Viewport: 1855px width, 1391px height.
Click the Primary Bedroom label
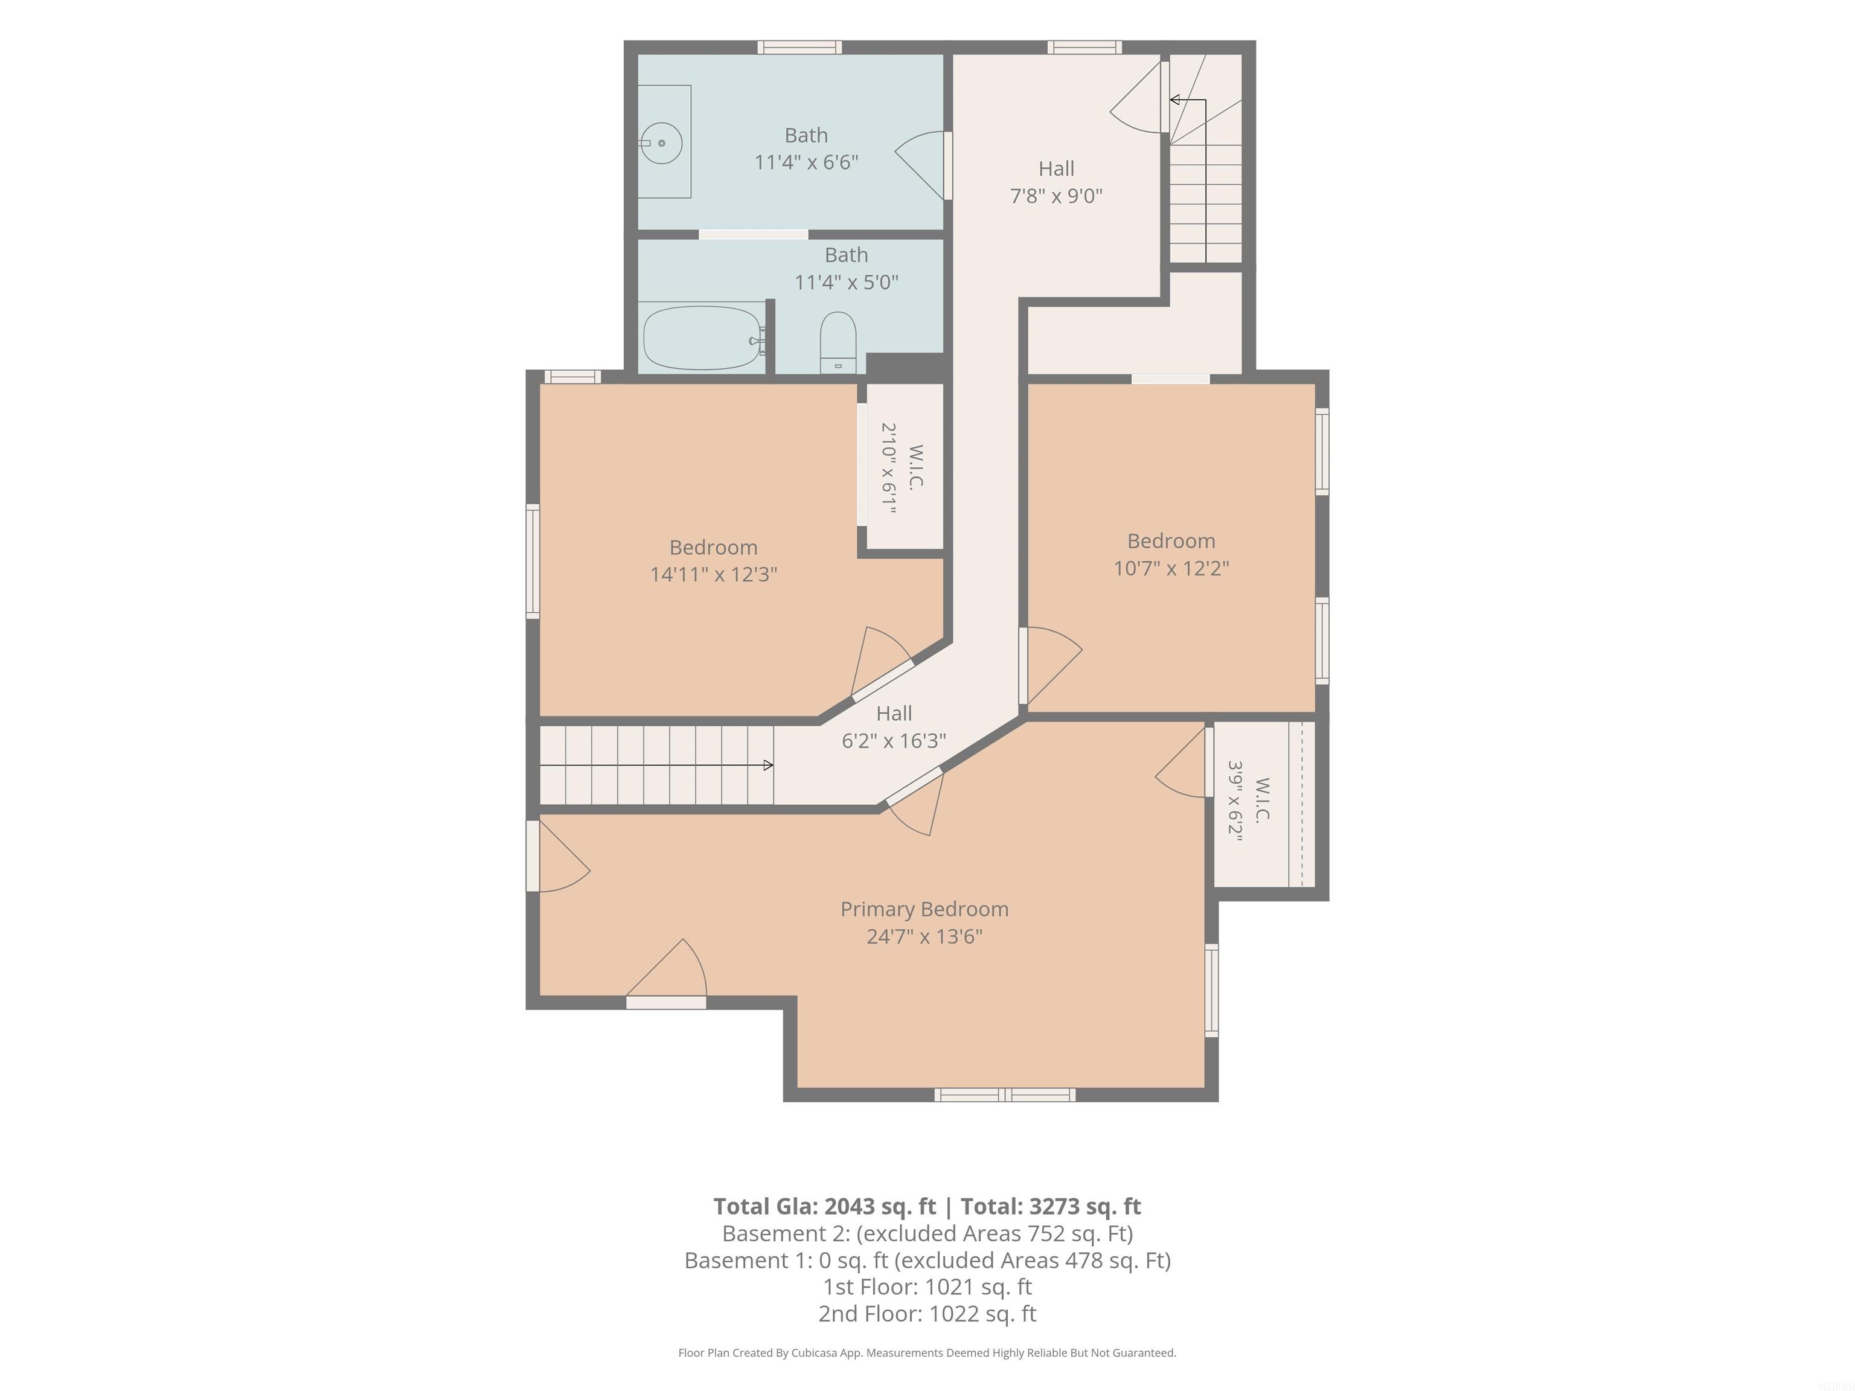[x=924, y=909]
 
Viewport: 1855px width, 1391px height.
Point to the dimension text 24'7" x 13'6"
[x=924, y=936]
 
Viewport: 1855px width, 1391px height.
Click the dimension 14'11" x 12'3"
[x=714, y=574]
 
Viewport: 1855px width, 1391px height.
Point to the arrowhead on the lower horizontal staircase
[x=768, y=766]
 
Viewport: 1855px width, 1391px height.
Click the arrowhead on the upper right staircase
[x=1175, y=100]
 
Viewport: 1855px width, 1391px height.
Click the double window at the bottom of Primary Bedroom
[x=1005, y=1094]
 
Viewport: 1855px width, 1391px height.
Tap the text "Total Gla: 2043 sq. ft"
[x=824, y=1206]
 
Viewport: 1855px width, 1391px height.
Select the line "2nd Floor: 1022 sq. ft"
[x=927, y=1314]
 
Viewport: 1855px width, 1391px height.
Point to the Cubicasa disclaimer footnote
[x=927, y=1352]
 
